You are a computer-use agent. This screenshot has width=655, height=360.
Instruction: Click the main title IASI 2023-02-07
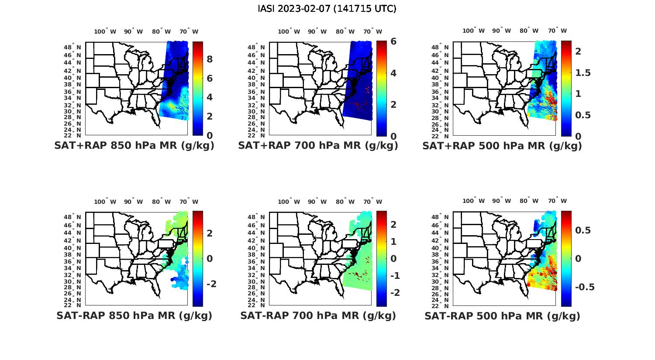coord(327,9)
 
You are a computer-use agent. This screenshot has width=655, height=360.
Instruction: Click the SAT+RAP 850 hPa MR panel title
coord(134,146)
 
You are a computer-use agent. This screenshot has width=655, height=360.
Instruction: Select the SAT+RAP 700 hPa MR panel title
coord(318,146)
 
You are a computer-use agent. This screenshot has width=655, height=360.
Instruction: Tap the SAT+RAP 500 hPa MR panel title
coord(502,146)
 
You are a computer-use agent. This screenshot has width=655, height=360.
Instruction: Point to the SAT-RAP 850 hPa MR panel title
coord(134,315)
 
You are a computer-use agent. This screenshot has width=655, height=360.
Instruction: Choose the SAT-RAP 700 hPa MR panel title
coord(318,315)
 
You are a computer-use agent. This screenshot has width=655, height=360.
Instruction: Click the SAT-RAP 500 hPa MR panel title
coord(502,315)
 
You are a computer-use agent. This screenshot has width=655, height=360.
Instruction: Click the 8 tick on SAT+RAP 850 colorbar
coord(210,59)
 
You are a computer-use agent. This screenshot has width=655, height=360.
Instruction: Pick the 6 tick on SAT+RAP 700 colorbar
coord(393,41)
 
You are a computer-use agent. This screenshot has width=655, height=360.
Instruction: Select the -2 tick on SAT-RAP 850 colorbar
coord(211,284)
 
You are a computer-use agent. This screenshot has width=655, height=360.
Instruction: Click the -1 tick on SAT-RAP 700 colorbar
coord(395,276)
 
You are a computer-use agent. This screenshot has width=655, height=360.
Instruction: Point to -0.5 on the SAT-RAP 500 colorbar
coord(585,287)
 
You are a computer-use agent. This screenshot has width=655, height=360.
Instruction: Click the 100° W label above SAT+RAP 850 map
coord(105,31)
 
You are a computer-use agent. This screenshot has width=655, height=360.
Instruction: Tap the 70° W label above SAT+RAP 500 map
coord(557,31)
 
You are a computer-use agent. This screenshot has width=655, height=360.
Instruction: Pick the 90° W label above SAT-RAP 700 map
coord(317,202)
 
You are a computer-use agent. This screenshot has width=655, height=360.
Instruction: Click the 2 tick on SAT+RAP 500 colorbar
coord(578,51)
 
